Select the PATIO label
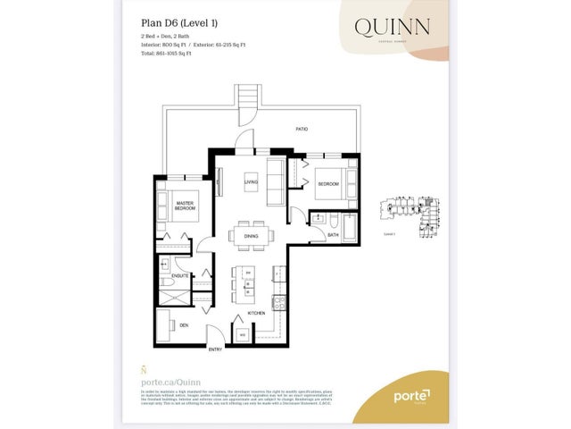302,130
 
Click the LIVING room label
252,183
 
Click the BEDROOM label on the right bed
327,183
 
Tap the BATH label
332,236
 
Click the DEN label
183,325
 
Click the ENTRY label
215,349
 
